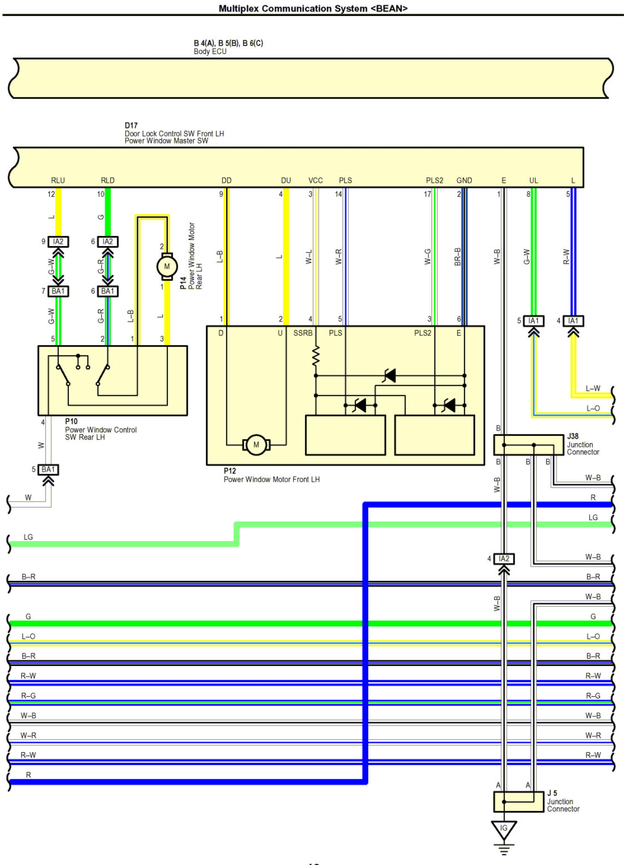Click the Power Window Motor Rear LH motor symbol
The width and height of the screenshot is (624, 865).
[x=167, y=266]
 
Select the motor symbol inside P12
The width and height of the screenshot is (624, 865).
[x=256, y=445]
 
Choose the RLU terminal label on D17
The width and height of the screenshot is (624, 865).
[x=58, y=180]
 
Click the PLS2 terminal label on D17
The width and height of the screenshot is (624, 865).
[x=434, y=180]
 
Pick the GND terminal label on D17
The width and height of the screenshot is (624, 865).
[x=464, y=180]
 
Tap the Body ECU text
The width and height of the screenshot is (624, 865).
[x=210, y=51]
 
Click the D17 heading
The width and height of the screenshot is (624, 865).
[x=131, y=126]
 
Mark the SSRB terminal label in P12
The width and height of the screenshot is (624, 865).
[x=303, y=333]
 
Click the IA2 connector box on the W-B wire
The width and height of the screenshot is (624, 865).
[x=504, y=559]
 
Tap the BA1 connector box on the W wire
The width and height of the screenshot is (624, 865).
[x=49, y=470]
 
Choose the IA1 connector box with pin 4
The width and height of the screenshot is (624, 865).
[x=573, y=321]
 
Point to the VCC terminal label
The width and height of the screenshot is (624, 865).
[x=315, y=180]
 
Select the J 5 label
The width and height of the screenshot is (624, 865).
[x=552, y=793]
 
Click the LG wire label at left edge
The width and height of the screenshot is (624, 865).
[x=28, y=537]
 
